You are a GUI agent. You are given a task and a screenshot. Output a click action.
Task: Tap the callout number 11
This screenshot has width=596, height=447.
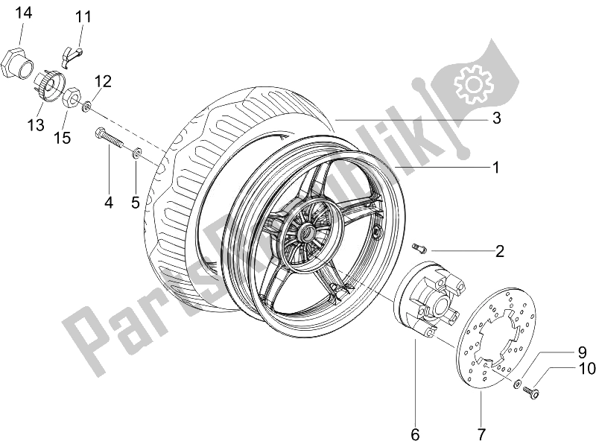point(82,16)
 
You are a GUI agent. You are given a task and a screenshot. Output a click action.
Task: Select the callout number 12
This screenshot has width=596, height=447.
point(102,80)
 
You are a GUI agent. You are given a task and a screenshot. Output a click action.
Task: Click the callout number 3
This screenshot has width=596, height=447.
point(495,118)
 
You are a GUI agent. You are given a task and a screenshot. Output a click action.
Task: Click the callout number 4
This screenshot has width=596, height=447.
point(109,202)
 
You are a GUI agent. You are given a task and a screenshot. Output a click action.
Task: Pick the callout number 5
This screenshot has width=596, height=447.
point(136,202)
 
